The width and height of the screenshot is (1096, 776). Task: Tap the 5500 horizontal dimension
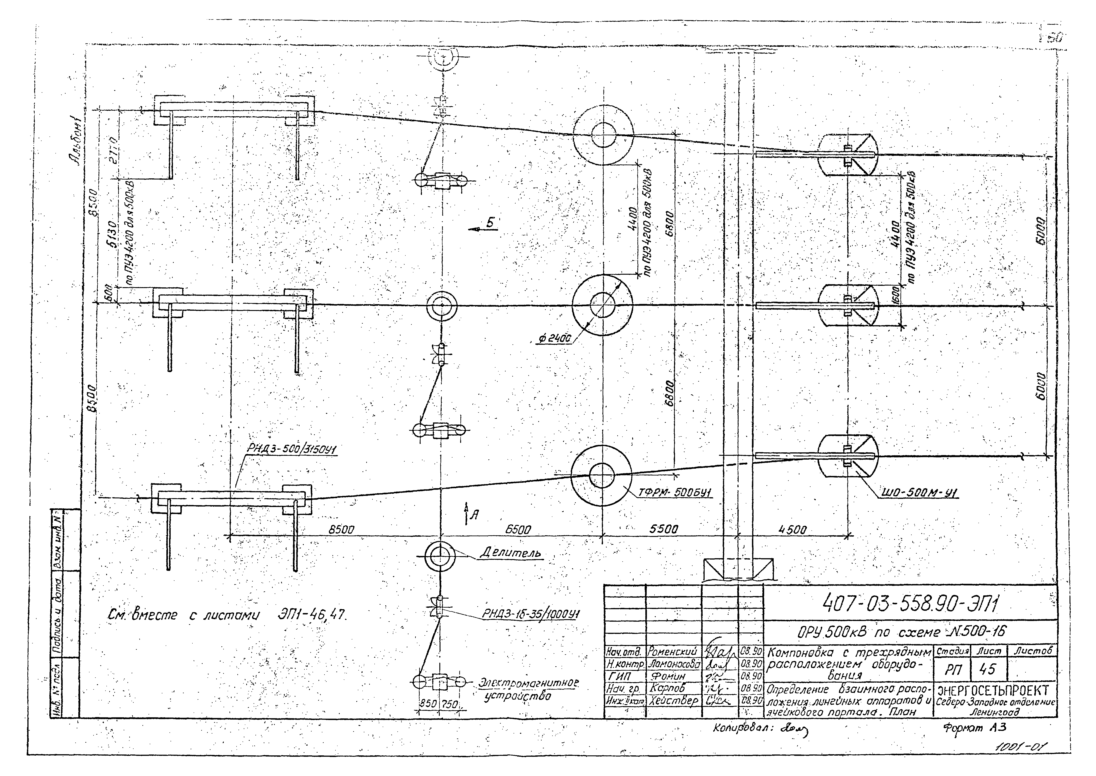[663, 529]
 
